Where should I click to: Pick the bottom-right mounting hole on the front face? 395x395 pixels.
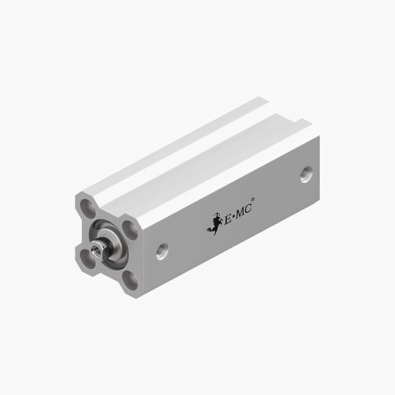click(x=129, y=279)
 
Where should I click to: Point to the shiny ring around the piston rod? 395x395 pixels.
click(x=110, y=244)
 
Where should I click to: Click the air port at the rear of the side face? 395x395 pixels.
click(x=304, y=176)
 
